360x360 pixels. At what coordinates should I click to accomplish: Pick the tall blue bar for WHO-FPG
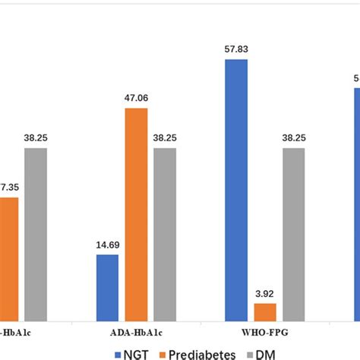[236, 190]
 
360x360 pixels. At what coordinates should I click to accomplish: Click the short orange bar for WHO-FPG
[265, 311]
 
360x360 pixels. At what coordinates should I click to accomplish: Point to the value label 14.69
[107, 245]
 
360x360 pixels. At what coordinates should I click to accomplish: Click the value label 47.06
[136, 99]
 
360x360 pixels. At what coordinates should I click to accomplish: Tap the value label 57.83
[236, 50]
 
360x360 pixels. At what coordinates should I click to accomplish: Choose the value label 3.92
[265, 294]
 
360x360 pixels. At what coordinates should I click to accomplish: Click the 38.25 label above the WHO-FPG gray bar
[294, 138]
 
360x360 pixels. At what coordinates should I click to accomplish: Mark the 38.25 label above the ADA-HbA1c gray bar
[165, 138]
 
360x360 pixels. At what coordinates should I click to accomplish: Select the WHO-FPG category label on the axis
[264, 333]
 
